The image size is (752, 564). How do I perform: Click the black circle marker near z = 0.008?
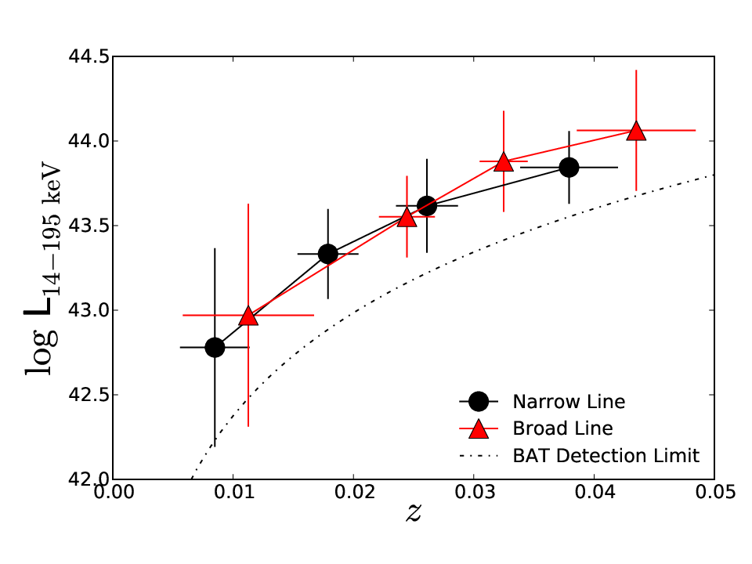[215, 347]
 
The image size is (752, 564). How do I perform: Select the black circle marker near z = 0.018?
[328, 254]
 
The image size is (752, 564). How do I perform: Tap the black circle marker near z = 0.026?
[427, 206]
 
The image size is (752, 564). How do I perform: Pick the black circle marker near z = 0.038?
[569, 168]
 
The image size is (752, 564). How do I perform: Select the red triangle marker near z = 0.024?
[407, 218]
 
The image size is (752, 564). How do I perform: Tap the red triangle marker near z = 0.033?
[504, 162]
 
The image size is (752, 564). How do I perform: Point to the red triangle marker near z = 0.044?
[636, 131]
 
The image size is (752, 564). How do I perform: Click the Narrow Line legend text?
[569, 402]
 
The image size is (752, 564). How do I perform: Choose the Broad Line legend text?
[562, 428]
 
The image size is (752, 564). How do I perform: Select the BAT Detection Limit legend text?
[606, 456]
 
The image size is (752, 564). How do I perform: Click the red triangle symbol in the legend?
[478, 428]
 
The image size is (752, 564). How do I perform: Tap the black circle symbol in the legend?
[478, 401]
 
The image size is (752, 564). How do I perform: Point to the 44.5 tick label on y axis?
[89, 56]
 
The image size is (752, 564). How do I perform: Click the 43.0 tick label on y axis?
[89, 310]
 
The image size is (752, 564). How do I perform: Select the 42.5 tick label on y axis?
[89, 395]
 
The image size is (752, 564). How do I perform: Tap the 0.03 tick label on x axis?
[475, 492]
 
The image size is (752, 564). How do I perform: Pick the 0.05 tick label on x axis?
[715, 492]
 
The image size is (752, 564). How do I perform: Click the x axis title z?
[414, 512]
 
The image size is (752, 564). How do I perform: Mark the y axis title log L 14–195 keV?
[42, 268]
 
